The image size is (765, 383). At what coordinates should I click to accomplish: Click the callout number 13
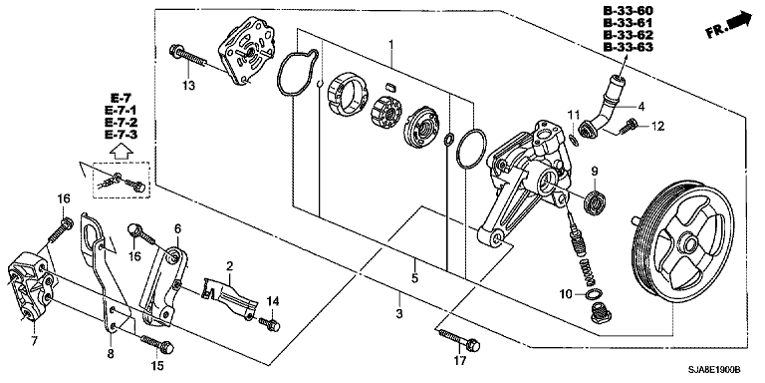coord(189,86)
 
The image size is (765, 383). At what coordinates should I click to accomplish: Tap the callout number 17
coord(460,361)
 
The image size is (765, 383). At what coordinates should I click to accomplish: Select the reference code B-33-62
coord(628,35)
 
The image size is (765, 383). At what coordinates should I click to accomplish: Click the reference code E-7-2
coord(121,123)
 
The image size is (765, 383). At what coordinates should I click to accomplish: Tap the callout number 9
coord(595,172)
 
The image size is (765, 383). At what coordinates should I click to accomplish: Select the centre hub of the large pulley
coord(689,242)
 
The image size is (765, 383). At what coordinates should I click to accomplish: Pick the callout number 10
coord(566,294)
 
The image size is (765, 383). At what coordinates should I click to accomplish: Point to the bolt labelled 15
coord(157,344)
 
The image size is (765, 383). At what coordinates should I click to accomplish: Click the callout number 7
coord(34,341)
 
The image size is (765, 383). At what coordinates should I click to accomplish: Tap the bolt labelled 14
coord(269,324)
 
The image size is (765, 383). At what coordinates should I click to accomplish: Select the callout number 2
coord(229,266)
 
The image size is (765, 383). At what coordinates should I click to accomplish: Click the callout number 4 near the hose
coord(641,106)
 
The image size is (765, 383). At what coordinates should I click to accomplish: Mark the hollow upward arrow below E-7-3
coord(122,152)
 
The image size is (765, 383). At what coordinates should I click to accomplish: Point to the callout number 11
coord(574,116)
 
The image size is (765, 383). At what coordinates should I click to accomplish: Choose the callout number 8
coord(111,354)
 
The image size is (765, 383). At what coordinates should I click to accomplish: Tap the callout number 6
coord(177,228)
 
